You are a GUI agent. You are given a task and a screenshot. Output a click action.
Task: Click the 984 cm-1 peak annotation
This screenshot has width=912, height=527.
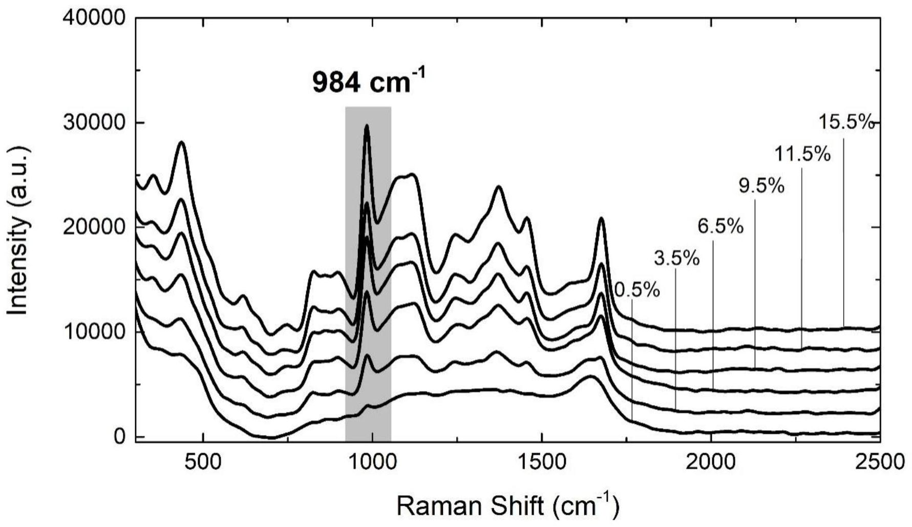pos(369,82)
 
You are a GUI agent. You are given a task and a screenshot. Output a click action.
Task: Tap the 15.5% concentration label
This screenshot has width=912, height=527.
pos(845,122)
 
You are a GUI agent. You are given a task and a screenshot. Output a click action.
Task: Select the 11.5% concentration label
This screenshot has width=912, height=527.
pos(802,154)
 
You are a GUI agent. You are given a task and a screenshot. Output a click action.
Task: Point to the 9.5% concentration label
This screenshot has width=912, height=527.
pos(761,186)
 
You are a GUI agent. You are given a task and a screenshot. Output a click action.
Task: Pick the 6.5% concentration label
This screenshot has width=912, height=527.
pos(720,226)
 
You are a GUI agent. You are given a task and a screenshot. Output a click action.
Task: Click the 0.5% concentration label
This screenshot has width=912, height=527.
pos(637,291)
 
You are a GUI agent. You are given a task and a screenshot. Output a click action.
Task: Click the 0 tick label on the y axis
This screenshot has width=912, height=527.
pos(119,436)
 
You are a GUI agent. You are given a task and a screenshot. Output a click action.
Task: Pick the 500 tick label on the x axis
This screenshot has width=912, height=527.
pos(203,462)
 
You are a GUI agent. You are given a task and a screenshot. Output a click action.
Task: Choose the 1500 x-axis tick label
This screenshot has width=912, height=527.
pos(542,462)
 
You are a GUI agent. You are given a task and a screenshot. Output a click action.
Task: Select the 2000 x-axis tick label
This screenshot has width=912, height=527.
pos(711,462)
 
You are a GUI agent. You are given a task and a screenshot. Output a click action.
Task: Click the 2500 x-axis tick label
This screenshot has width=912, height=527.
pos(880,462)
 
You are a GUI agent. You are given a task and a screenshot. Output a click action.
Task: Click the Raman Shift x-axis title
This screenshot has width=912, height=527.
pos(507,507)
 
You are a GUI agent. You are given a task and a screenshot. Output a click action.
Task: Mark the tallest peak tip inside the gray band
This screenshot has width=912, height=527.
pos(367,125)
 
